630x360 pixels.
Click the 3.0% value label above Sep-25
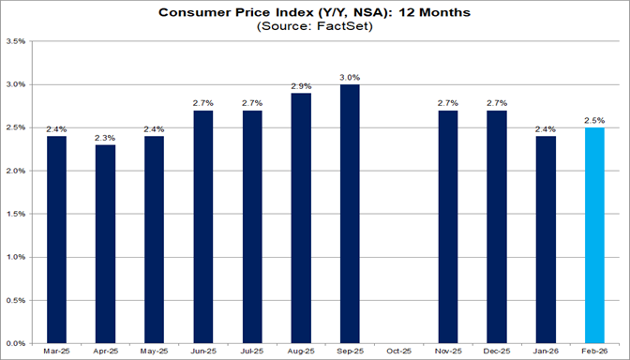coord(349,77)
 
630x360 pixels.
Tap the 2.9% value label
coord(300,85)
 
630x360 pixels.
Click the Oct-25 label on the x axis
coord(398,352)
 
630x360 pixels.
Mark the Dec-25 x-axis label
coord(497,352)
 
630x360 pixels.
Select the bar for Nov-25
coord(448,226)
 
